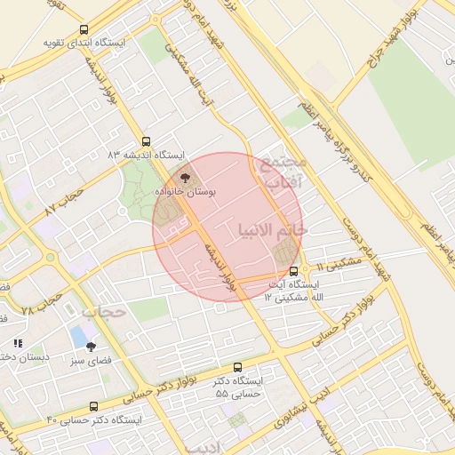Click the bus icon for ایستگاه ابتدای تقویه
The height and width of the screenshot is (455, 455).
[84, 29]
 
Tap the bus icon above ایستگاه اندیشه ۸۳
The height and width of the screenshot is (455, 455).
[147, 141]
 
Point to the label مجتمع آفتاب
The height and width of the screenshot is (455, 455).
[284, 172]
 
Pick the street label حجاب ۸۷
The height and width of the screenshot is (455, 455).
[64, 200]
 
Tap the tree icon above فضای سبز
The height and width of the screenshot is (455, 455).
[91, 347]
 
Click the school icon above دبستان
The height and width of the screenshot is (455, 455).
[17, 343]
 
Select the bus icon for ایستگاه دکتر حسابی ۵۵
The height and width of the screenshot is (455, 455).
[237, 367]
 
